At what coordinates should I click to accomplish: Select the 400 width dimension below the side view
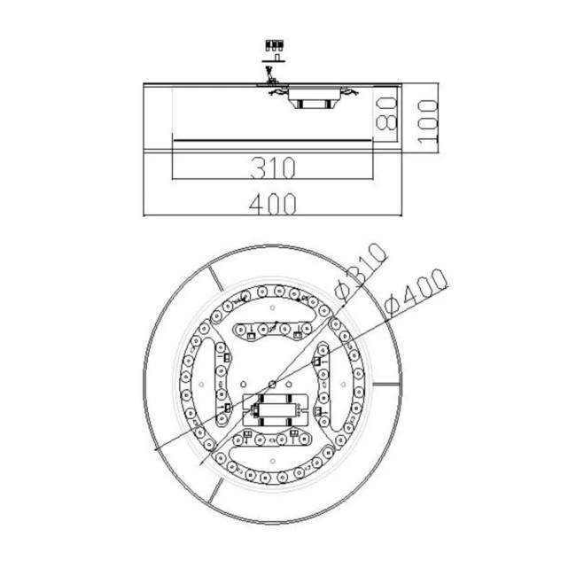point(271,204)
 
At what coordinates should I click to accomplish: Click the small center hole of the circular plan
point(274,383)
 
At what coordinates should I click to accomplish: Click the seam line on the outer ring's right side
point(391,384)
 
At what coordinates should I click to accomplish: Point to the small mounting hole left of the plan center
point(204,384)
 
